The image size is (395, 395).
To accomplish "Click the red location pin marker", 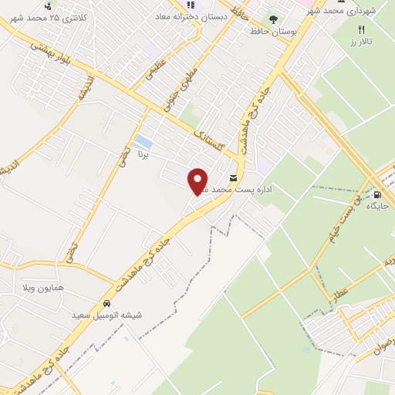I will [x=198, y=181].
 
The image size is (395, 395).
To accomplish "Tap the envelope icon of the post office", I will [x=233, y=177].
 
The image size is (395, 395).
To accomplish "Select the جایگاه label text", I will [x=376, y=206].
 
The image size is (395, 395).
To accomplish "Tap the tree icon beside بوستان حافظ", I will [x=272, y=20].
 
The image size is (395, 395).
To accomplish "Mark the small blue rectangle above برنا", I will [x=143, y=142].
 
